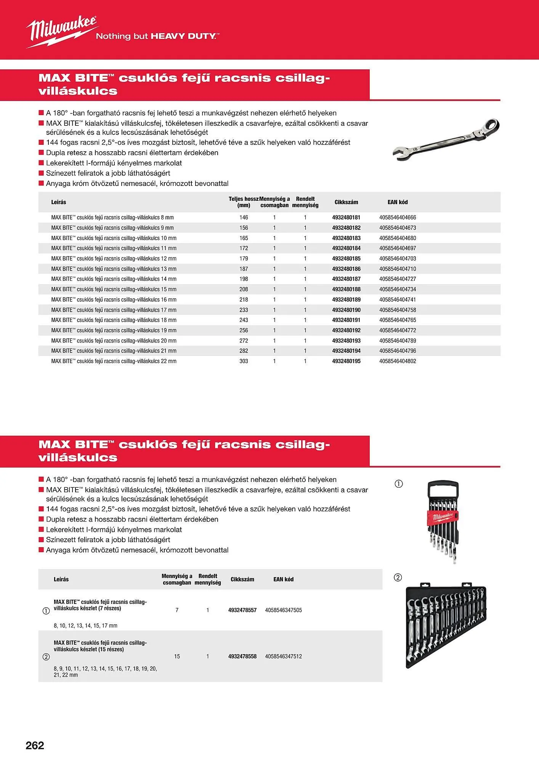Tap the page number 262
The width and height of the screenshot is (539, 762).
click(35, 745)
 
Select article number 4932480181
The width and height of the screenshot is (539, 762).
click(346, 218)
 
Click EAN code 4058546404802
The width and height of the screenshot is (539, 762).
click(398, 361)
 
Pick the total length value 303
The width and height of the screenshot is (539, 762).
click(244, 361)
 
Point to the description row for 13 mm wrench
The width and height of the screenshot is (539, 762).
click(114, 269)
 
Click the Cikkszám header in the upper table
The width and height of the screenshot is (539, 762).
click(346, 202)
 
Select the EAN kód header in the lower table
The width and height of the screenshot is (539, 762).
click(283, 579)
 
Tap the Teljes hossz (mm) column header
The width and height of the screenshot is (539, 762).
click(244, 202)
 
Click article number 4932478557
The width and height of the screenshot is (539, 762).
click(242, 610)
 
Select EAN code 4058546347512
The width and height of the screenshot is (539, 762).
click(283, 656)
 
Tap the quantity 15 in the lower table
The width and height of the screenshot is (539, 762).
click(177, 656)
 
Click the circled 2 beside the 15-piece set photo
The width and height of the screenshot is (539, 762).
click(398, 577)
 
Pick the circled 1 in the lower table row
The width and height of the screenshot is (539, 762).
click(46, 611)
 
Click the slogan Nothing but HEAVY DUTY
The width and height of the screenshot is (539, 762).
click(157, 36)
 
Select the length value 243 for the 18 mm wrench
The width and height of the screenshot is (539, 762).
click(244, 320)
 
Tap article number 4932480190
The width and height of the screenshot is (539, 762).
click(346, 310)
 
